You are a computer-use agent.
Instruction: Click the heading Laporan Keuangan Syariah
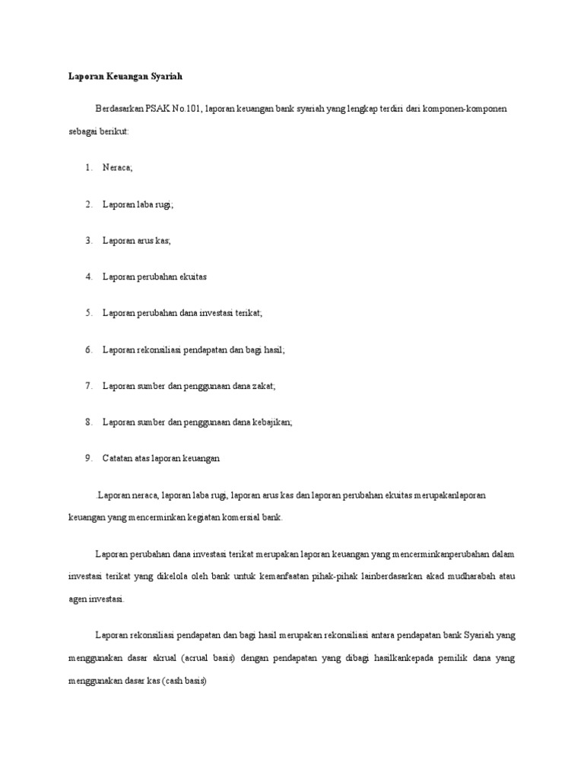[x=122, y=77]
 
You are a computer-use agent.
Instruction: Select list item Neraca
[x=118, y=168]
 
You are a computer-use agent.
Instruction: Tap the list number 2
[x=88, y=204]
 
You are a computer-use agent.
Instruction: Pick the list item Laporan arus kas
[x=138, y=241]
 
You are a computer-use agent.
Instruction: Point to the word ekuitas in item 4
[x=190, y=277]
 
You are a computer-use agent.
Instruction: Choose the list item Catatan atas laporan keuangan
[x=161, y=459]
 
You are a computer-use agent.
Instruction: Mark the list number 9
[x=88, y=459]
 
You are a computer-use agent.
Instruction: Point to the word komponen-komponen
[x=466, y=109]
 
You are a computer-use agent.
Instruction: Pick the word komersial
[x=241, y=517]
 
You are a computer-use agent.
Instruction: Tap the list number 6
[x=88, y=349]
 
